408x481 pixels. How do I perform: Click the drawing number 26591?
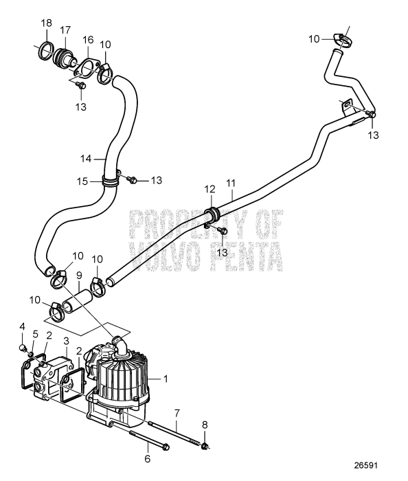coord(365,465)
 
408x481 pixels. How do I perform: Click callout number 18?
coord(47,23)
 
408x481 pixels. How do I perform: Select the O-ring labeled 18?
coord(47,52)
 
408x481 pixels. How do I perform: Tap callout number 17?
coord(65,30)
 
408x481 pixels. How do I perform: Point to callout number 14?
coord(86,159)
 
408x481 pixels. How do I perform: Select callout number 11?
coord(231,183)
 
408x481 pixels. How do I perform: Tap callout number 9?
coord(79,275)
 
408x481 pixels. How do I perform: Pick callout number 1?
coord(166,379)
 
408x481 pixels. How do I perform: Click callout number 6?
coord(148,459)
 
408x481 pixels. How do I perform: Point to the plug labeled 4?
coord(23,348)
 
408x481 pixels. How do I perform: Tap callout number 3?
coord(66,341)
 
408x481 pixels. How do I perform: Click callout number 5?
coord(35,334)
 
